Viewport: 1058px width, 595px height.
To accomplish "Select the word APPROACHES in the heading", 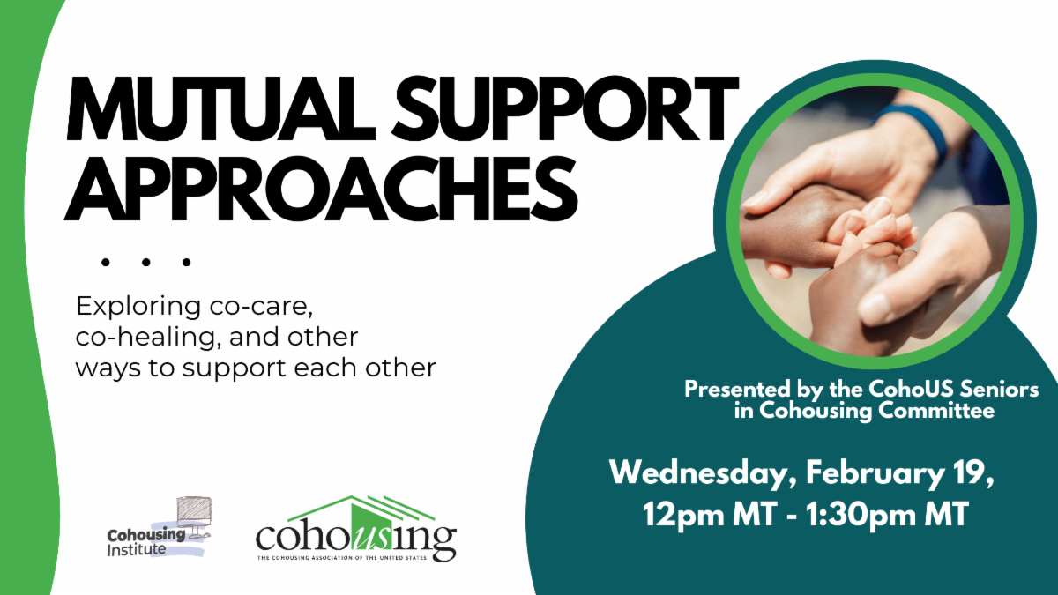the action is click(321, 190).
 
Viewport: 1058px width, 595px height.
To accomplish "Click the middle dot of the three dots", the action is click(146, 262).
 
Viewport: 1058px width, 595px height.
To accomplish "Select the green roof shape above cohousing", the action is click(361, 512).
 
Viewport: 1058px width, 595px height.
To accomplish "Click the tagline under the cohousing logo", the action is click(342, 558).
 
